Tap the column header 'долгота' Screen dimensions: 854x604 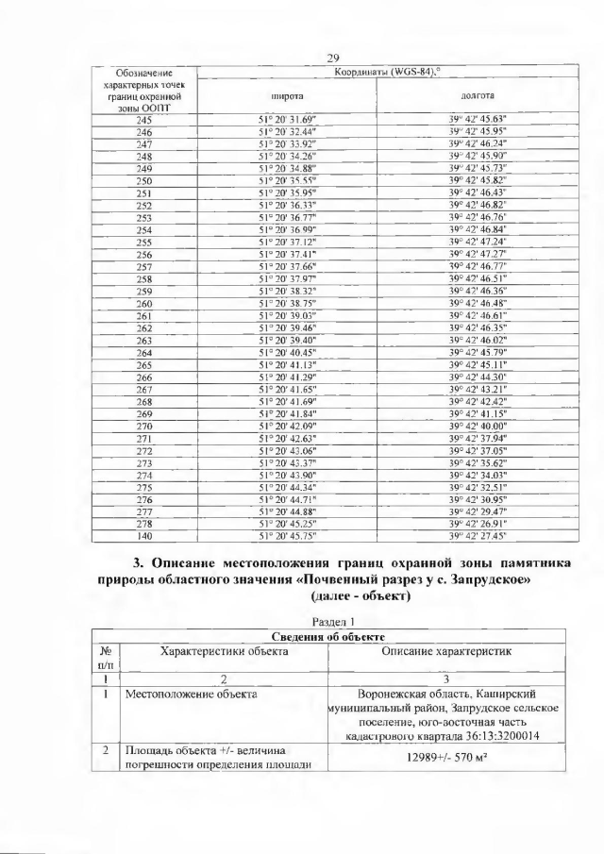(x=478, y=95)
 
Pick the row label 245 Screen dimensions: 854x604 (x=144, y=119)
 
